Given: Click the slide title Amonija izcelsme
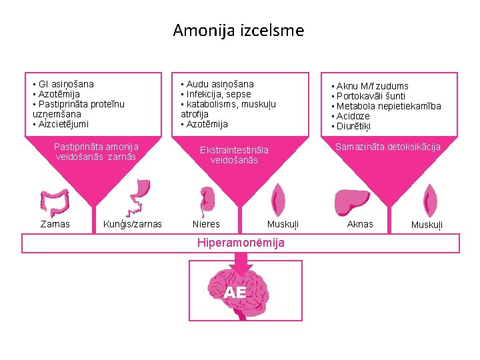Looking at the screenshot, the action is click(x=238, y=31).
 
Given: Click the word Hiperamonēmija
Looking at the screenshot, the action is click(x=240, y=243).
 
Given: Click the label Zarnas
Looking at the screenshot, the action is click(x=54, y=225).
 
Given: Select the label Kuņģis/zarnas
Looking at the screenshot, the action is click(x=133, y=225).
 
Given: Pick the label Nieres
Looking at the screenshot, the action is click(x=206, y=225).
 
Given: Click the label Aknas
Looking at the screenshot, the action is click(x=360, y=225).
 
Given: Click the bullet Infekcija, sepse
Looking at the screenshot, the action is click(x=217, y=94).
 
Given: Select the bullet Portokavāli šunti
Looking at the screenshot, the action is click(x=370, y=96).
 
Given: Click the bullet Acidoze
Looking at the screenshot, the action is click(x=353, y=116).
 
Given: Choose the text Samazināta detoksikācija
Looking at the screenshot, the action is click(x=387, y=147).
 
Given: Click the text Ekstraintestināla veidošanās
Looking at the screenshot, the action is click(x=233, y=155).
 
